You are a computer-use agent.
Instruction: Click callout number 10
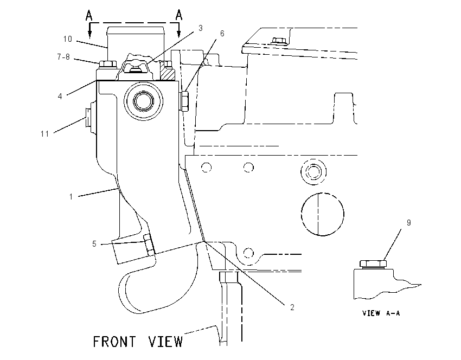coord(68,39)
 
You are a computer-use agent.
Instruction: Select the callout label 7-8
coord(63,57)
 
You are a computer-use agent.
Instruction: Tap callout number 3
coord(201,28)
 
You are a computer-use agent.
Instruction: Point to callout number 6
coord(222,34)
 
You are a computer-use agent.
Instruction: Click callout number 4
coord(60,96)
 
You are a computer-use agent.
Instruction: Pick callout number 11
coord(44,134)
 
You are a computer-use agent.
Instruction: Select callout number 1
coord(71,197)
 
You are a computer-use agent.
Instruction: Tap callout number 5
coord(94,244)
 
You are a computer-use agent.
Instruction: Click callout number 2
coord(292,307)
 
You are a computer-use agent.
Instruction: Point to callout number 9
coord(409,223)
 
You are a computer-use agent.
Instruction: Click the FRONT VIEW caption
coord(138,342)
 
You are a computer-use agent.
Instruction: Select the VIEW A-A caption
coord(381,313)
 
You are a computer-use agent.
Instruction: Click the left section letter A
coord(89,15)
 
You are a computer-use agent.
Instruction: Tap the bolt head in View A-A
coord(373,264)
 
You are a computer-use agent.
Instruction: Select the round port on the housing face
coord(144,101)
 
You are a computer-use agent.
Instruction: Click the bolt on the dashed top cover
coord(279,41)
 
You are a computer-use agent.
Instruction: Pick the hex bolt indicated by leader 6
coord(184,101)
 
